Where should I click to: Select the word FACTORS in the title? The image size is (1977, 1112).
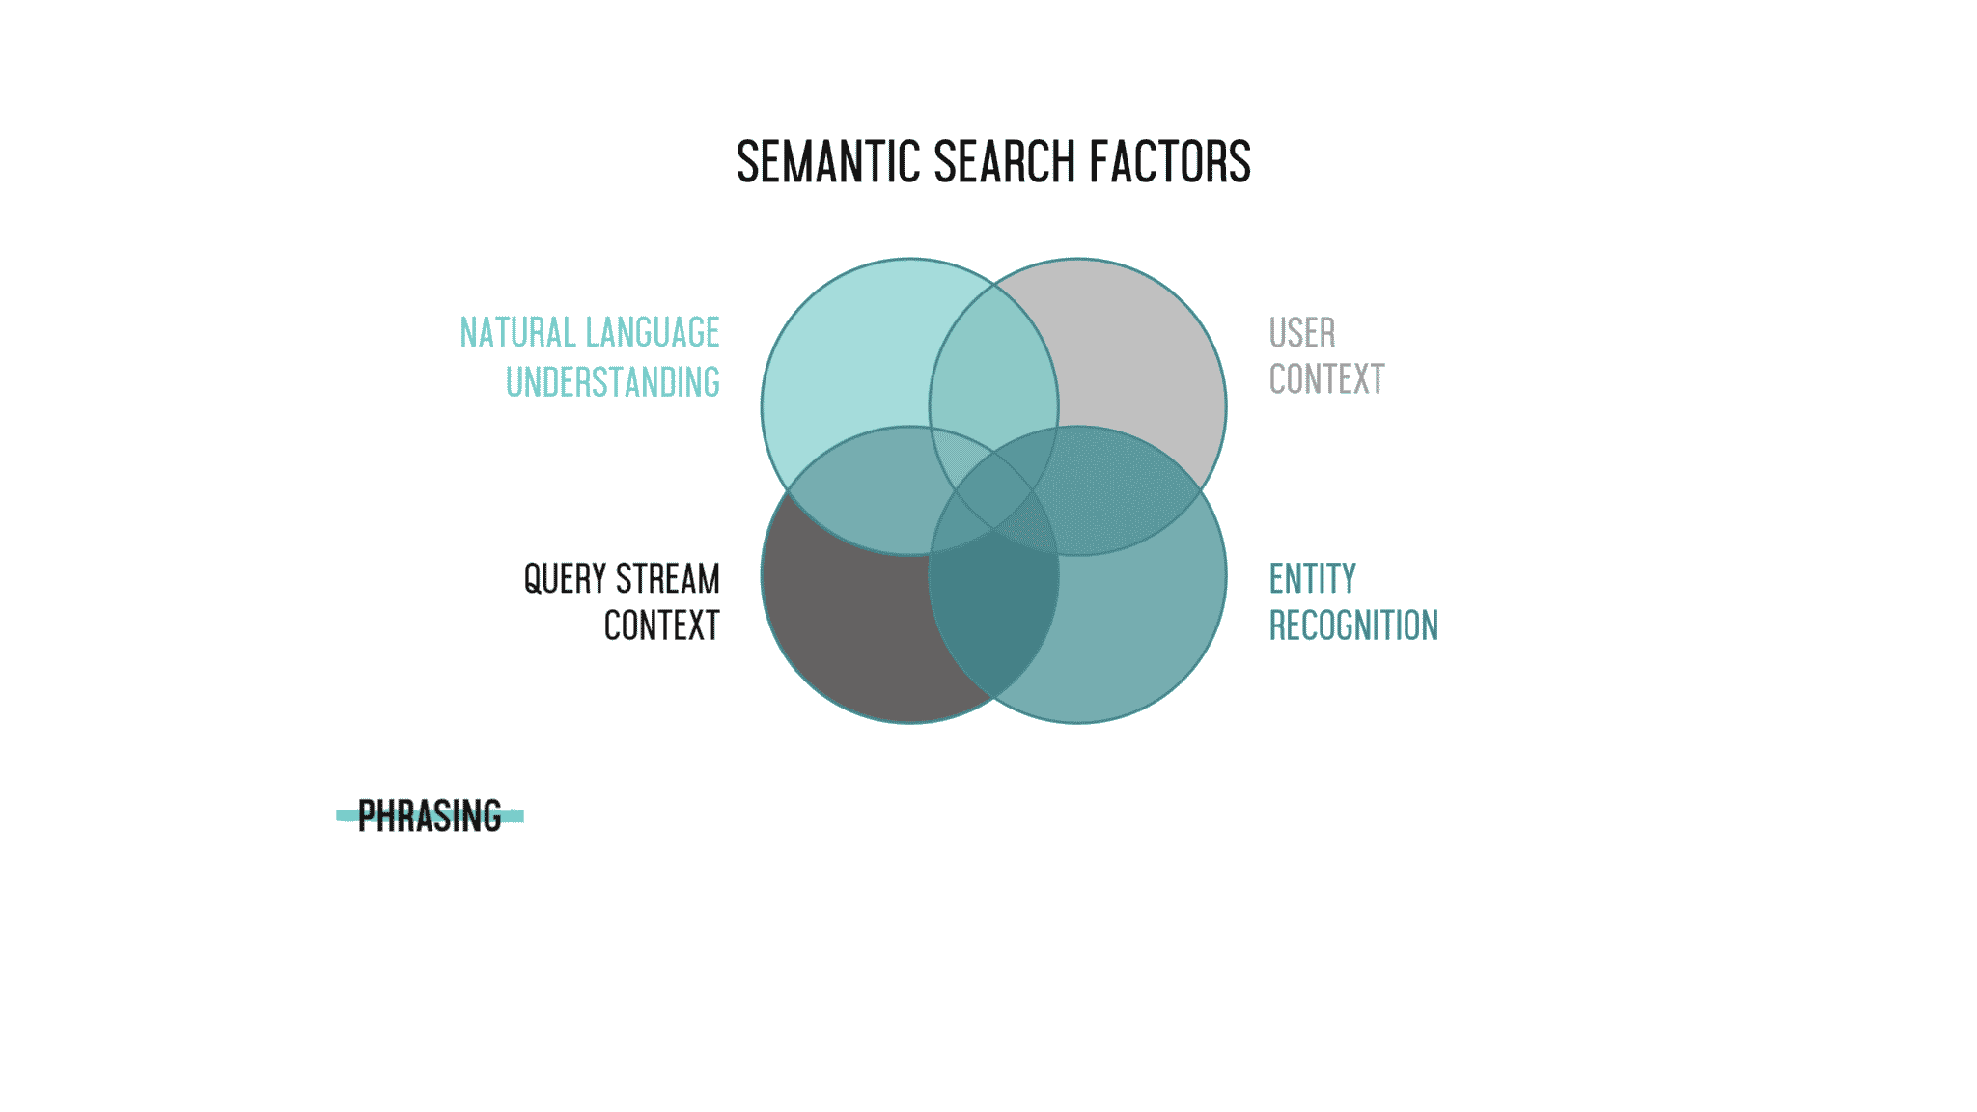(1170, 161)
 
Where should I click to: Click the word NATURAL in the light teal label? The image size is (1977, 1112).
(517, 333)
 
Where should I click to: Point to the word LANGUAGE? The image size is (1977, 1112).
(654, 333)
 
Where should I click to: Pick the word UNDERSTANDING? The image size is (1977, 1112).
(613, 382)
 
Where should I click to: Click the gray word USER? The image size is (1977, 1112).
(1302, 333)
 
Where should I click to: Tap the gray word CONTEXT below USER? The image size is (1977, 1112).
(1326, 379)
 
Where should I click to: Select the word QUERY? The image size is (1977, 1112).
(565, 579)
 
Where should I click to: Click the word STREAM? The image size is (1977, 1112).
(668, 579)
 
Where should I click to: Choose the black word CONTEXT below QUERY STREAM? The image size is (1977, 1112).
(662, 625)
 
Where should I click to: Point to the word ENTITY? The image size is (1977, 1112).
(1312, 579)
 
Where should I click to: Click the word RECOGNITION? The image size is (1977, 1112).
(1353, 625)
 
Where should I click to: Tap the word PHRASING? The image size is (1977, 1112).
(430, 817)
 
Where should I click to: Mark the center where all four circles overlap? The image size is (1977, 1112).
(994, 490)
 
